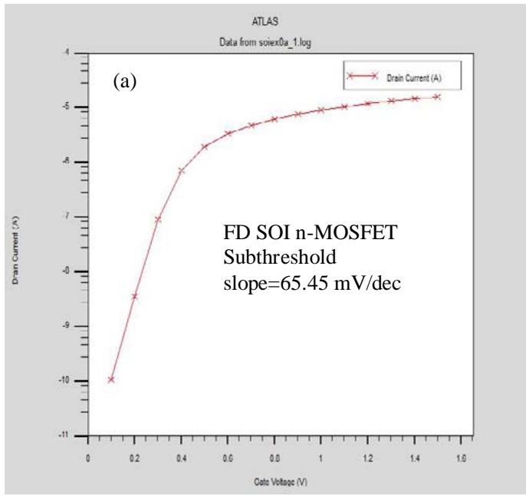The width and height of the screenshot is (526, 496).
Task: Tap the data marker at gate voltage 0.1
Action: (x=111, y=379)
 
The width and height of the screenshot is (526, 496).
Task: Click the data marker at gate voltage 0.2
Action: (x=135, y=296)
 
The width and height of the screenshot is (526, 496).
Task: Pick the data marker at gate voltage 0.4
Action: (x=182, y=170)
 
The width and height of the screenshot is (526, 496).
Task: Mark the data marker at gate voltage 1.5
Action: (x=438, y=97)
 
